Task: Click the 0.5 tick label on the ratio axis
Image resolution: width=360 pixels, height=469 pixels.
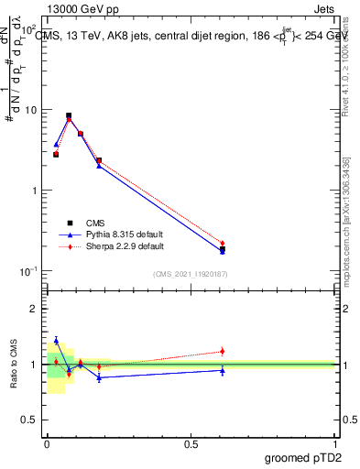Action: (32, 421)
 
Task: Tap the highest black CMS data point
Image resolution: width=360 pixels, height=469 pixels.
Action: (69, 116)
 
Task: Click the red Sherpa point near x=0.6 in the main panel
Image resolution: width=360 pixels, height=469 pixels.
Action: (223, 243)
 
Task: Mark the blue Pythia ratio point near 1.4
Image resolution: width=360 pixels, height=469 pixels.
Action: (56, 341)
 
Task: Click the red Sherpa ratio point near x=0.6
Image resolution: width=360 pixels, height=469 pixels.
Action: (223, 351)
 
